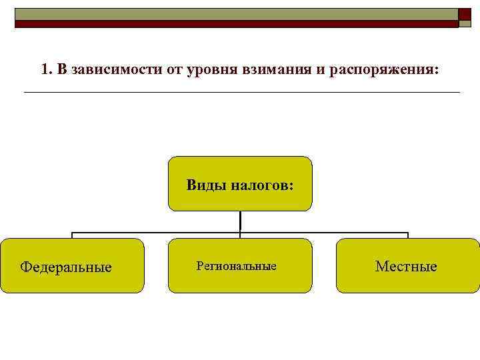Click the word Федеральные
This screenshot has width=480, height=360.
66,267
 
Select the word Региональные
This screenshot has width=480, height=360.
236,266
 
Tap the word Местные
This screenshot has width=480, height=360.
406,267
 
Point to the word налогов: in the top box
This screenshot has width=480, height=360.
261,185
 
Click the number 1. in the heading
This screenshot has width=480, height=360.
46,69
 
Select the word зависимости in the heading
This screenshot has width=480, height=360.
106,69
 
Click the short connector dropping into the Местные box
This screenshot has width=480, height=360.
407,235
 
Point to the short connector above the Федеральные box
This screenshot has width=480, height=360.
72,235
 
